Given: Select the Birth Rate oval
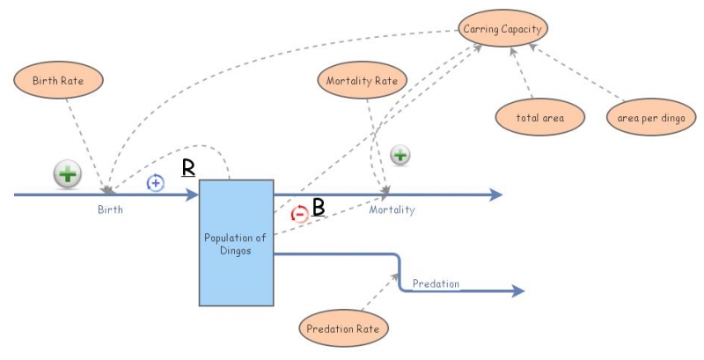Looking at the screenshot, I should (59, 81).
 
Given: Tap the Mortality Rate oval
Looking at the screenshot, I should (361, 81).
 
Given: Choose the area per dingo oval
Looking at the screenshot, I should (651, 117).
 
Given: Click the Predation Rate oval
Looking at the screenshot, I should (343, 329).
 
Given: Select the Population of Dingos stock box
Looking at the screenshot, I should (235, 242).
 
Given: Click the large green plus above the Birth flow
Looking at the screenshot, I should (68, 174).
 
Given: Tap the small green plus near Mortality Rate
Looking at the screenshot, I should (400, 156).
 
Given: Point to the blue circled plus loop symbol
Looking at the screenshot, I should (155, 183).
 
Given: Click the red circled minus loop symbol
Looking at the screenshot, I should (299, 213).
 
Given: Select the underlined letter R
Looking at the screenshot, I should (187, 167).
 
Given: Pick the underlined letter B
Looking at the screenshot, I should (319, 208).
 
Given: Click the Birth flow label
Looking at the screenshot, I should (110, 210).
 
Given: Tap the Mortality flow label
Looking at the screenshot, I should (392, 210).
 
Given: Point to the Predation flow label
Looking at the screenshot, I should (436, 283).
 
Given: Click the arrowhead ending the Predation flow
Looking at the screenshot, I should (519, 290).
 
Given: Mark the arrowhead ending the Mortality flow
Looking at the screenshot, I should (497, 195).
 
